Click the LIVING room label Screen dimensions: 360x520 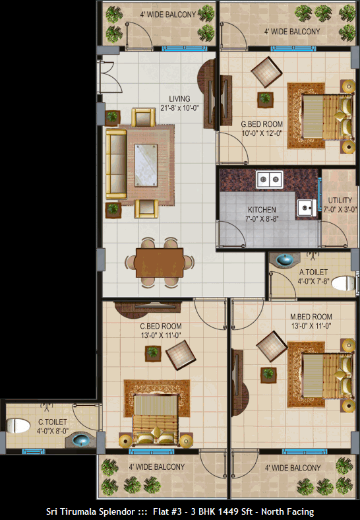coord(179,99)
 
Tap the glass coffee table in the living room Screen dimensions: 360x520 coord(146,165)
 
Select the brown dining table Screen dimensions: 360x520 coord(160,263)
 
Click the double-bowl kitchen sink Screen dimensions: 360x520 coord(270,179)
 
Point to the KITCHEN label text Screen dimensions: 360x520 coord(262,210)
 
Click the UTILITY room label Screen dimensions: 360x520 coord(340,201)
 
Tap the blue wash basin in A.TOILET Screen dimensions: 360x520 coord(284,259)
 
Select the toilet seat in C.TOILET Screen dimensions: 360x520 coord(18,426)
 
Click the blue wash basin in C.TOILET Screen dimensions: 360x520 coord(80,440)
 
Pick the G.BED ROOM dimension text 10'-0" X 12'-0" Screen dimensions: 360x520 coord(262,133)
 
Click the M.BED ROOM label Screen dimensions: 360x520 coord(311,317)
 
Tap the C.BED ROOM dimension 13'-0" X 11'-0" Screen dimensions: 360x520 coord(161,335)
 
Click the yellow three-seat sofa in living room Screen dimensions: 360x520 coord(116,164)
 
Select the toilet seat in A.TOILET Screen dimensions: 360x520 coord(344,283)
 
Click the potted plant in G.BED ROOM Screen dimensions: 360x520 coord(265,99)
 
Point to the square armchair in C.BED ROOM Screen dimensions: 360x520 coord(181,355)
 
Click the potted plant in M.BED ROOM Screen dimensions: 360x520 coord(268,375)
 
